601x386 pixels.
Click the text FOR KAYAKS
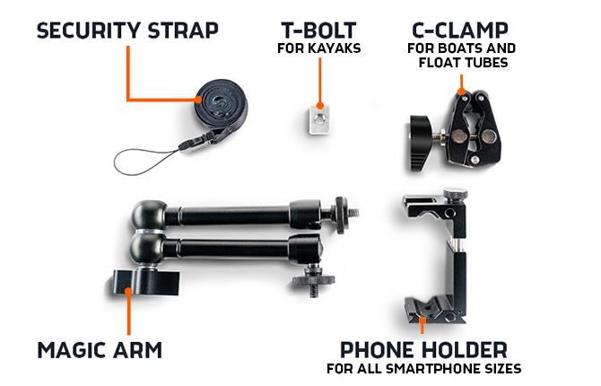click(318, 48)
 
